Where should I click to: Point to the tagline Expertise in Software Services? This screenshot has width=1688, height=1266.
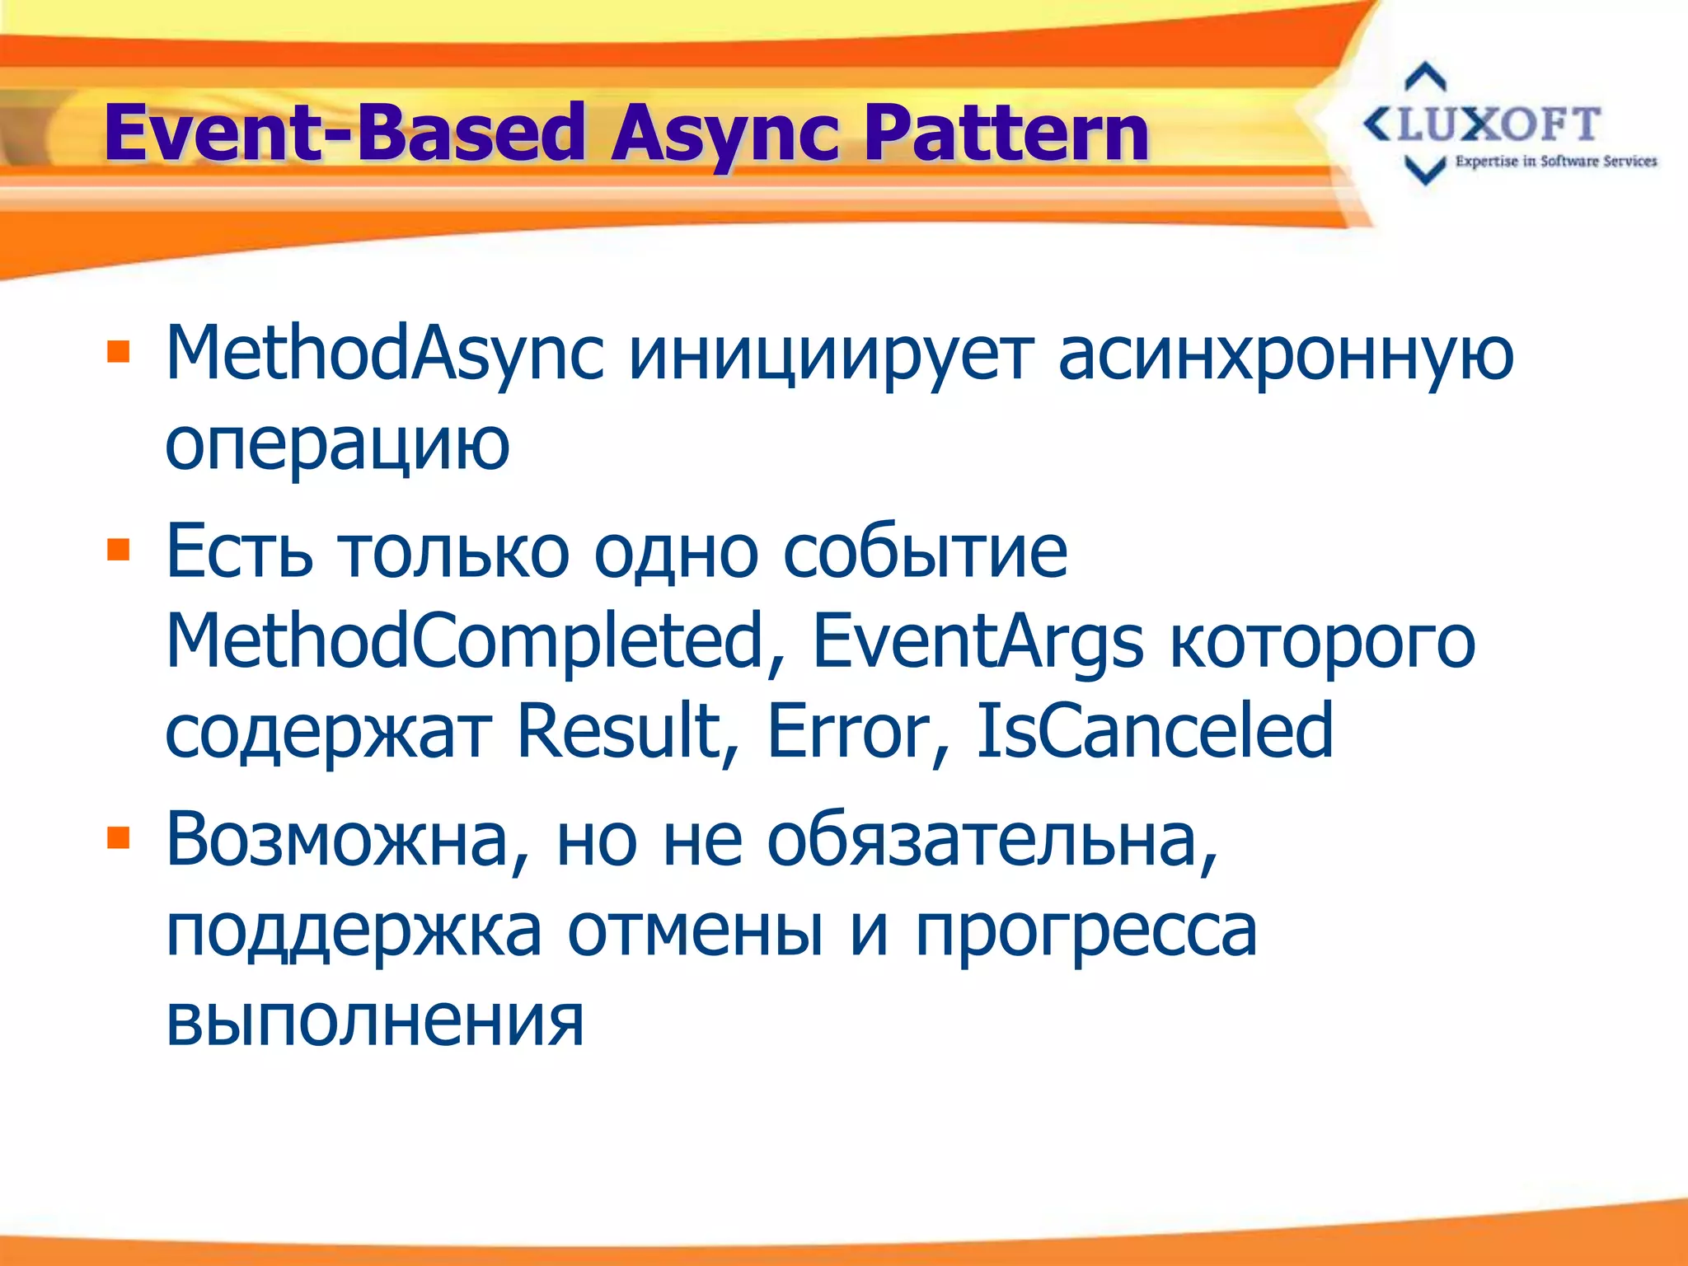coord(1556,162)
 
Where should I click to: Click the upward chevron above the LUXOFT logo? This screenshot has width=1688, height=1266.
coord(1425,77)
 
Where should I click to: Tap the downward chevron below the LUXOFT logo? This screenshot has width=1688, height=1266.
coord(1425,171)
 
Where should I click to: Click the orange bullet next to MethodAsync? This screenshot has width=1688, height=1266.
coord(119,352)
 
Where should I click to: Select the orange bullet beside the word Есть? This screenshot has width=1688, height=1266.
coord(119,549)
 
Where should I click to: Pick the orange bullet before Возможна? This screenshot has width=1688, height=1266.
coord(119,838)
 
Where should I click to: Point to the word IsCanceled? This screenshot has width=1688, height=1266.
coord(1154,730)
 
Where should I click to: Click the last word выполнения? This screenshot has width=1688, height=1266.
coord(375,1020)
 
